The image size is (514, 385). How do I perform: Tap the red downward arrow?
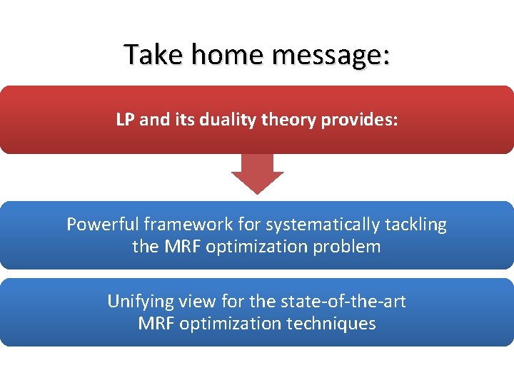tap(258, 173)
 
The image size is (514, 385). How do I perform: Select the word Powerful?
tap(101, 225)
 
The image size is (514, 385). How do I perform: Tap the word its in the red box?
tap(181, 120)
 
